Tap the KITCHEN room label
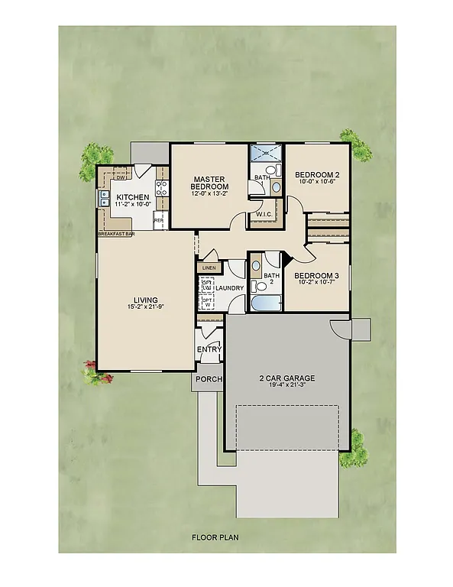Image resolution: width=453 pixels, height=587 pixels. click(132, 197)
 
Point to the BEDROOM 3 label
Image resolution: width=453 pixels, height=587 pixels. click(316, 275)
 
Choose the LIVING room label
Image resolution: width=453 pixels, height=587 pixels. click(144, 300)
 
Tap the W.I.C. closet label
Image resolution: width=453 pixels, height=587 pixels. click(266, 213)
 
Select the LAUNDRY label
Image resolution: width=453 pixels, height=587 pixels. click(229, 288)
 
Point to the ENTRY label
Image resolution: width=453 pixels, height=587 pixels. click(209, 349)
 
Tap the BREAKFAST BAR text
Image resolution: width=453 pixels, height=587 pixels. click(115, 234)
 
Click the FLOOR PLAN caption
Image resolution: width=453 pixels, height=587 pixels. click(215, 537)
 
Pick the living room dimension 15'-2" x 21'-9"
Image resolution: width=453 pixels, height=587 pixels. click(144, 307)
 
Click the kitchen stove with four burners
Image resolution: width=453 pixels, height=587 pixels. click(162, 189)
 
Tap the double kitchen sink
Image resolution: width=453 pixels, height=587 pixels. click(103, 198)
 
